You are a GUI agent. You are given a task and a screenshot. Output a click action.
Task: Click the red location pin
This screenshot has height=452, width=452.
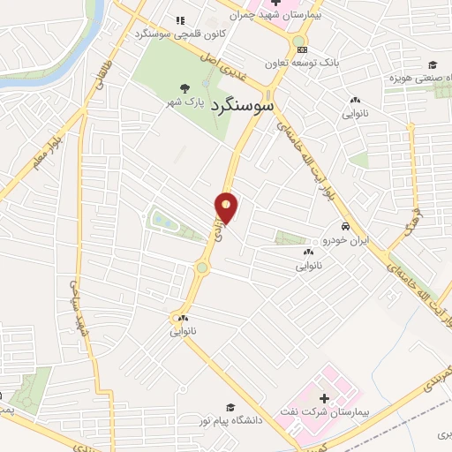point(227,207)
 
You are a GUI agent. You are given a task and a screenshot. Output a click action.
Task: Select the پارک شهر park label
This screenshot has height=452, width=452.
point(186,102)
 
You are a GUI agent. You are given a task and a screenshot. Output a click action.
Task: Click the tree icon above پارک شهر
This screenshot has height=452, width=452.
point(185,87)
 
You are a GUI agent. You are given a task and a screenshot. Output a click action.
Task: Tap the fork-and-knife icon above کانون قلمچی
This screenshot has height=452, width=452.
point(180,19)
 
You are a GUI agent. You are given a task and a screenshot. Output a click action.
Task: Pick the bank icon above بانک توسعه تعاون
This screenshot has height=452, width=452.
point(303,49)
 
